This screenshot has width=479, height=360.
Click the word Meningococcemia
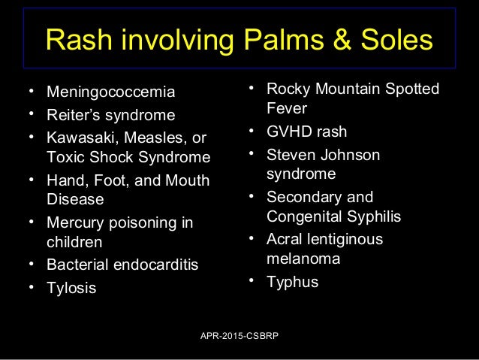pyautogui.click(x=111, y=93)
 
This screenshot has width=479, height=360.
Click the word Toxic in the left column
pyautogui.click(x=67, y=158)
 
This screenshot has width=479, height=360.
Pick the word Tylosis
pyautogui.click(x=71, y=287)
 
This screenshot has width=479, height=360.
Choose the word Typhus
pyautogui.click(x=292, y=283)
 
